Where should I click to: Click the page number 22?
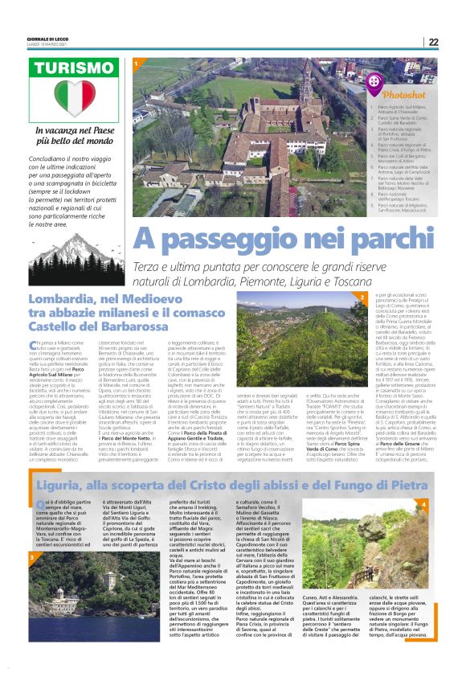(455, 42)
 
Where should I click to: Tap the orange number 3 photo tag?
(31, 556)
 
